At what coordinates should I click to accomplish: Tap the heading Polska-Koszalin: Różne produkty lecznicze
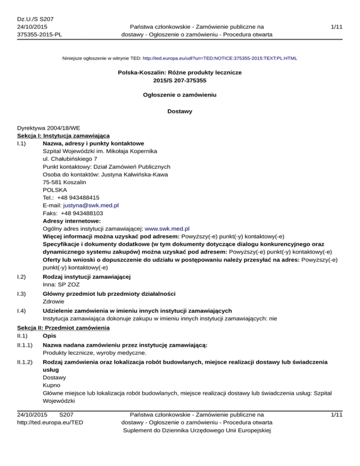tap(180, 73)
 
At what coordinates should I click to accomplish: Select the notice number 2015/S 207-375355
tap(180, 80)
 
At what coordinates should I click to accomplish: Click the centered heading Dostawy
tap(180, 112)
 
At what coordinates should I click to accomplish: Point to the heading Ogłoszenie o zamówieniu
tap(180, 95)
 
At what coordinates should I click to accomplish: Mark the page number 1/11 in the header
tap(336, 28)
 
